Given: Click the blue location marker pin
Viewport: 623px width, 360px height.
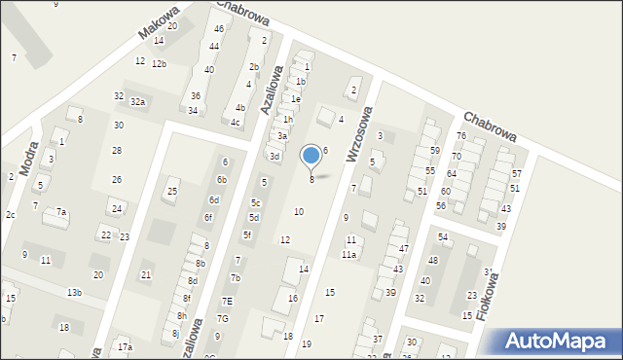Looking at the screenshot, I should pyautogui.click(x=311, y=156).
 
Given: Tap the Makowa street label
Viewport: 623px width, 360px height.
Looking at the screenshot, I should pyautogui.click(x=159, y=21).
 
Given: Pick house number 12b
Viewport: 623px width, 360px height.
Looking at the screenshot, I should pyautogui.click(x=159, y=64).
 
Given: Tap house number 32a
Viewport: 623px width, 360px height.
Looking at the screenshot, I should pyautogui.click(x=138, y=101).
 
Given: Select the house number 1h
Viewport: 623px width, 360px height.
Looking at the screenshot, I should pyautogui.click(x=288, y=119).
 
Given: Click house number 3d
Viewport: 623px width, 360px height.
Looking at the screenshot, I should pyautogui.click(x=275, y=156).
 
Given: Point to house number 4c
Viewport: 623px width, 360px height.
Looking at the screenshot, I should pyautogui.click(x=235, y=122).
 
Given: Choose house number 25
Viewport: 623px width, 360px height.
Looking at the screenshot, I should pyautogui.click(x=172, y=191).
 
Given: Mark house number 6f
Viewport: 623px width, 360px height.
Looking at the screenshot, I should pyautogui.click(x=208, y=217).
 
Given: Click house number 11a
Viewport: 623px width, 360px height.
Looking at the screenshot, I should pyautogui.click(x=348, y=254).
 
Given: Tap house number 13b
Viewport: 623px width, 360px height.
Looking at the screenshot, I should pyautogui.click(x=74, y=292).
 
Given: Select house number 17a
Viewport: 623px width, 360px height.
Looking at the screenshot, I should pyautogui.click(x=125, y=346).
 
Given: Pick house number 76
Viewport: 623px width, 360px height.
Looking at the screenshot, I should pyautogui.click(x=461, y=136).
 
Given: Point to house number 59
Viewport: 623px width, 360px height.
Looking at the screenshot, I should pyautogui.click(x=435, y=150).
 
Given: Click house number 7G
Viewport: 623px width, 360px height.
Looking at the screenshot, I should pyautogui.click(x=223, y=318).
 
